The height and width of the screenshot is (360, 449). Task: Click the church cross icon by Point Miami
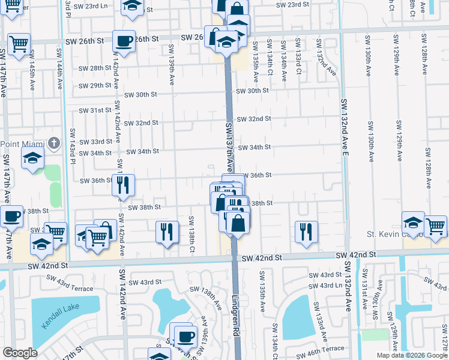coord(54,143)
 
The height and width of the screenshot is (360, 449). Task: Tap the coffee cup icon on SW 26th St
coord(124,41)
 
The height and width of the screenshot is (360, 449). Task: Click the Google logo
coord(20,353)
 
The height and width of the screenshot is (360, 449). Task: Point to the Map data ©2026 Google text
coord(411,355)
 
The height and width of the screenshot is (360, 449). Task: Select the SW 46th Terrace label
coord(325,348)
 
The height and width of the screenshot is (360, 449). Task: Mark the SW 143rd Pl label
coord(73,146)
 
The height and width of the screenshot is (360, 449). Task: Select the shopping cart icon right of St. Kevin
coord(436,226)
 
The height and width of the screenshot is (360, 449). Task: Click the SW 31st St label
coord(97,110)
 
